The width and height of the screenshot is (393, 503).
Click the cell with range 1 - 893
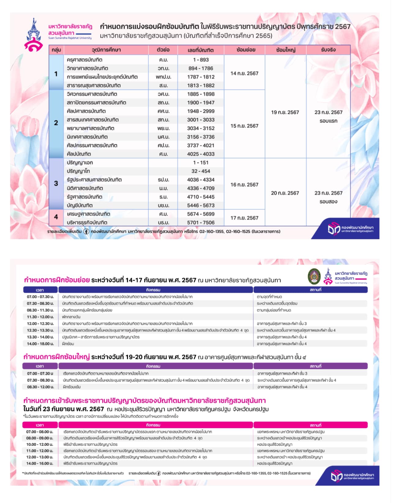[201, 60]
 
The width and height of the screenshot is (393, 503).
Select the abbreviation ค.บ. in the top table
[163, 60]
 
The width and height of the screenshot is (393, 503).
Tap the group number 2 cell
[56, 123]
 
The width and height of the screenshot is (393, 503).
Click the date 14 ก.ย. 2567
[244, 74]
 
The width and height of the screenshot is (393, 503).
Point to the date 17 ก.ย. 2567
[244, 218]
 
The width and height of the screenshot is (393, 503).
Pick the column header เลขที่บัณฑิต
[201, 50]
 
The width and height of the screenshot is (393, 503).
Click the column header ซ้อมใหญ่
[285, 50]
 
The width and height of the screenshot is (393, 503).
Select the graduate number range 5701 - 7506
[201, 222]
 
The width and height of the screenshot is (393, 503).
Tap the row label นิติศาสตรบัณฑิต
[85, 188]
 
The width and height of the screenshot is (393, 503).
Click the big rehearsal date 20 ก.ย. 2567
[285, 193]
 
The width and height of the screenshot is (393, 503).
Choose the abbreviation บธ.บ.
[163, 205]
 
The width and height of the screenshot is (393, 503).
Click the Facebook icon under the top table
[86, 232]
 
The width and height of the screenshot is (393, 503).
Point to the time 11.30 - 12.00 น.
[40, 317]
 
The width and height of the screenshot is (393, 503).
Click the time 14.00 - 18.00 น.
[40, 344]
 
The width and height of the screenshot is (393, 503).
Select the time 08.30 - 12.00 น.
[40, 387]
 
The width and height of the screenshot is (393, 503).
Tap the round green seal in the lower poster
[314, 276]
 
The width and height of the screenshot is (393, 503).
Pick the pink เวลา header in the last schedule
[40, 425]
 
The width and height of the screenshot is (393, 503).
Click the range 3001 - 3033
[201, 120]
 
